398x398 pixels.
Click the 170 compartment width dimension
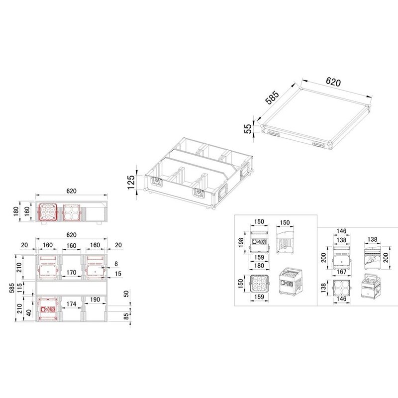click(x=71, y=273)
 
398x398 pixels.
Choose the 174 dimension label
click(x=71, y=303)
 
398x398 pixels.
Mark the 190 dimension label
click(x=96, y=299)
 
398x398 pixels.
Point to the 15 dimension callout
click(x=117, y=274)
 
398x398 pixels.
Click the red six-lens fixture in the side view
click(x=48, y=212)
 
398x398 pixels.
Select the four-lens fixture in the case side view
click(x=72, y=212)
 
